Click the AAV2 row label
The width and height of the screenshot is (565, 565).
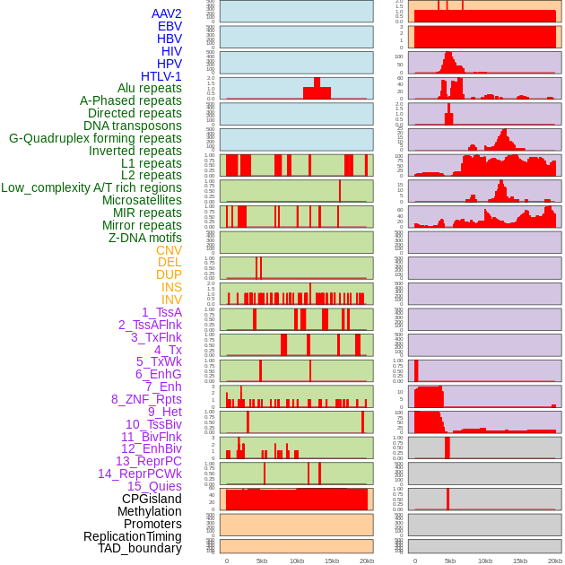[x=166, y=13]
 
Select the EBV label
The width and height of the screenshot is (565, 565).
[x=169, y=26]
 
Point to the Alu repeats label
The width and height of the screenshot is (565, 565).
[x=149, y=88]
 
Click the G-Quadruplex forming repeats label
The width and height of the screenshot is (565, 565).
[x=95, y=138]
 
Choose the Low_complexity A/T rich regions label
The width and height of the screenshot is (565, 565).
[x=91, y=187]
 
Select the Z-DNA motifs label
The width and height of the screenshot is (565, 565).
[x=145, y=238]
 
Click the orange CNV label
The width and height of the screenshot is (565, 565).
[x=169, y=250]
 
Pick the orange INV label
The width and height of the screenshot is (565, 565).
[x=171, y=300]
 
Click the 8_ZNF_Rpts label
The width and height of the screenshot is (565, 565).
[x=146, y=399]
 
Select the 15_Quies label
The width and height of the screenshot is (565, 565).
[x=154, y=486]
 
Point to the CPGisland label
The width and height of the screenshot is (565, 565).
[x=152, y=499]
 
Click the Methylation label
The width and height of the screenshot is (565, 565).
[x=149, y=511]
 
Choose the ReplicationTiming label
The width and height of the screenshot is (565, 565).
[x=132, y=536]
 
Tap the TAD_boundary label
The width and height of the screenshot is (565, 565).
[x=139, y=548]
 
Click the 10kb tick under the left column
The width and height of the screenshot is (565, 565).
[x=297, y=561]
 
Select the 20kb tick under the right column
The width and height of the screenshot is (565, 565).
[x=555, y=561]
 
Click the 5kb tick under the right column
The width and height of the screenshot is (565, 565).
[x=450, y=561]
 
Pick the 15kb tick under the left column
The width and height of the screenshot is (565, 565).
[x=332, y=561]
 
